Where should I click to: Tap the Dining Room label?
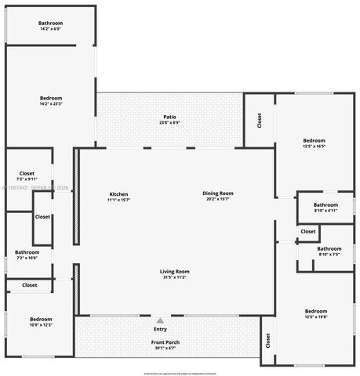pyautogui.click(x=218, y=195)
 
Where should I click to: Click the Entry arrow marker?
pyautogui.click(x=160, y=320)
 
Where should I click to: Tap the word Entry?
pyautogui.click(x=160, y=329)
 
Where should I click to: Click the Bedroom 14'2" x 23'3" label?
pyautogui.click(x=51, y=100)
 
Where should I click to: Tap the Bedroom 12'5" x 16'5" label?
pyautogui.click(x=314, y=143)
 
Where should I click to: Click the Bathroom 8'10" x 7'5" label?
pyautogui.click(x=329, y=251)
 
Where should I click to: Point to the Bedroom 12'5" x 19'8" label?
pyautogui.click(x=316, y=313)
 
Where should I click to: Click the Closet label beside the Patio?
pyautogui.click(x=259, y=121)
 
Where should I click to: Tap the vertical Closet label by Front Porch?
pyautogui.click(x=268, y=341)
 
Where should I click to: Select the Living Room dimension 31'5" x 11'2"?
pyautogui.click(x=175, y=277)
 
